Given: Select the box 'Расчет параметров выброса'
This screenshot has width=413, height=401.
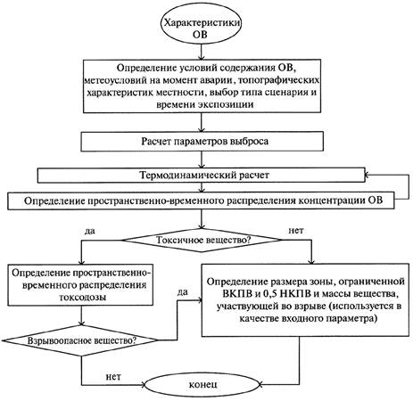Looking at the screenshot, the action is coord(202,141).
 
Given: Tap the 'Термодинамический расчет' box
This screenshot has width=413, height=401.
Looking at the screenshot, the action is coord(202,175).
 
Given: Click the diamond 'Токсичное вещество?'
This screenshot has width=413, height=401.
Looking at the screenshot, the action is coord(202,240).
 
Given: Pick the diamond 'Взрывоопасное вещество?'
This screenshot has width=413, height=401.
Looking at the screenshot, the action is coord(81,340).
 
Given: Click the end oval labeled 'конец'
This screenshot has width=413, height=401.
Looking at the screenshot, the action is coord(203,385).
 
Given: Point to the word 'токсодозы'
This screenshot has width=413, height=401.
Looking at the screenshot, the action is coord(83,297).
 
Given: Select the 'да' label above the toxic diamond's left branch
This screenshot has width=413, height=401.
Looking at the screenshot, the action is coord(89,231).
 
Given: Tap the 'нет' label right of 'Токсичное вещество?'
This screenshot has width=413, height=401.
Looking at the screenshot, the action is coord(296,231).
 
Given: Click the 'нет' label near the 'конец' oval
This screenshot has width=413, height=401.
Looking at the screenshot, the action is coord(113,377).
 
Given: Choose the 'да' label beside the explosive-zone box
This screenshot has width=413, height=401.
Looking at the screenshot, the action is coord(183,292).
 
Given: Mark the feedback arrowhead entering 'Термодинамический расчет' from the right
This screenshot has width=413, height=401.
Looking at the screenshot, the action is coord(367,175).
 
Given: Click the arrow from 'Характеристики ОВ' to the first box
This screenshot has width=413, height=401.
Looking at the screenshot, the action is coord(202,53).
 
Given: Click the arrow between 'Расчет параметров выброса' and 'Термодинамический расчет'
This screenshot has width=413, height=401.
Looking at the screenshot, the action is coord(202,160).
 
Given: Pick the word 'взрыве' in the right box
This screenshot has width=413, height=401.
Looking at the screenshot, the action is coord(310,307).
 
